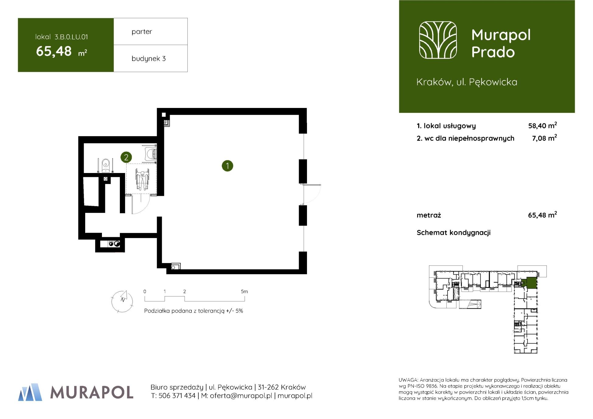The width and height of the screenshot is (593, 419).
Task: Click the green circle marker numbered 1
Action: click(x=227, y=166)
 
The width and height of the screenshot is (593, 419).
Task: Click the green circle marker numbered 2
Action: click(x=126, y=157)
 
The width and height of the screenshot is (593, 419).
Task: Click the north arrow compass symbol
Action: click(x=122, y=301)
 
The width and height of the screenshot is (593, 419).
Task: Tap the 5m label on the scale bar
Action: click(x=244, y=291)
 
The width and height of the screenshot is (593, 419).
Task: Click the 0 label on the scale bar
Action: click(x=145, y=291)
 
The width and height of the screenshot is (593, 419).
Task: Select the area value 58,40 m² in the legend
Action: click(x=542, y=125)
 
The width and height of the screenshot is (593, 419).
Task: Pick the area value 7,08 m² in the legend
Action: click(x=544, y=138)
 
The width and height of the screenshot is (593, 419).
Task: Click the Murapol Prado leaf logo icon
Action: click(x=438, y=40)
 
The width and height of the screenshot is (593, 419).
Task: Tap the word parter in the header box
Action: click(x=142, y=32)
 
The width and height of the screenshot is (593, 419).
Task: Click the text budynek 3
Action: click(x=148, y=58)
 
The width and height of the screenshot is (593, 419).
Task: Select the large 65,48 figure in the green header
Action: click(x=54, y=51)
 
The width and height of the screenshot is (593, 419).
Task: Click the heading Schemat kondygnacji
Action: click(x=454, y=233)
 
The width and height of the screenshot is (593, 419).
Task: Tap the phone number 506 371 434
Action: click(x=177, y=396)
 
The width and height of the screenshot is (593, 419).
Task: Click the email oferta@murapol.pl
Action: click(x=241, y=396)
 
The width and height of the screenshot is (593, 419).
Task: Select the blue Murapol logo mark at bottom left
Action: click(x=30, y=392)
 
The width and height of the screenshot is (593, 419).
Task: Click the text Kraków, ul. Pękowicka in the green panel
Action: click(x=467, y=82)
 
